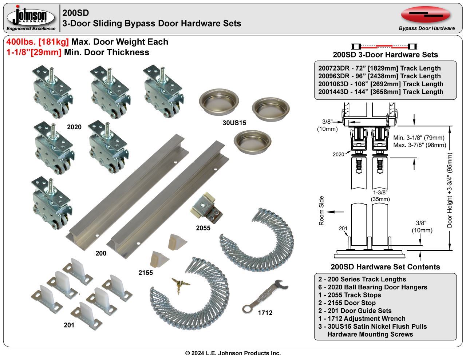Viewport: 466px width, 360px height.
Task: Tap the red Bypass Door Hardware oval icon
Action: tap(426, 15)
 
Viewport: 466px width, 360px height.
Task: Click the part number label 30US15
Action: tap(234, 123)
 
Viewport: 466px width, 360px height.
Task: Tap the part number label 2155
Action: tap(146, 273)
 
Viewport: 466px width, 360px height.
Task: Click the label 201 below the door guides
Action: tap(69, 325)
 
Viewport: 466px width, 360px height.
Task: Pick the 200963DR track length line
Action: tap(379, 76)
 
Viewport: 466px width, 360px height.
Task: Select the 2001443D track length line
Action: tap(380, 92)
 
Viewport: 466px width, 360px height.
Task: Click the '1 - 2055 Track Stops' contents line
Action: tap(349, 295)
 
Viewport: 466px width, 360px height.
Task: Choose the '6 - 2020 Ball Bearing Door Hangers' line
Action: tap(372, 287)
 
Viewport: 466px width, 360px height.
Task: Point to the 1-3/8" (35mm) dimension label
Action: tap(380, 195)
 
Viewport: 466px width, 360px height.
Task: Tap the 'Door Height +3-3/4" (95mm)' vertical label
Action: tap(450, 190)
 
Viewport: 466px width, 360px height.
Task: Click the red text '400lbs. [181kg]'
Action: tap(37, 42)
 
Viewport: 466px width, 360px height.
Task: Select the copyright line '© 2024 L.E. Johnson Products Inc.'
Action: tap(233, 353)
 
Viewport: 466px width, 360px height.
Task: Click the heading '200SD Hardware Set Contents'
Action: tap(385, 267)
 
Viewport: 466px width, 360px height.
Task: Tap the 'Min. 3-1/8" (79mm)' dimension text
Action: tap(419, 138)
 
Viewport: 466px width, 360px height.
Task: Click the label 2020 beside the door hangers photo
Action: tap(74, 127)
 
